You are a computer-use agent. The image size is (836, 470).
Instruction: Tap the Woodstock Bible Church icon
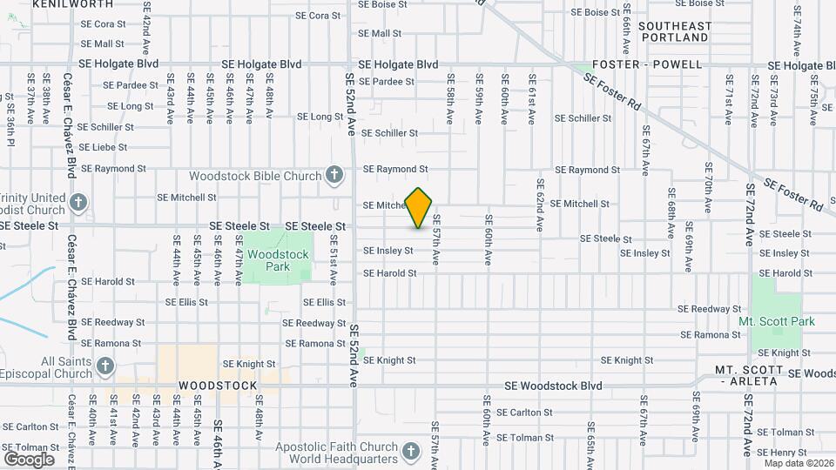coord(334,176)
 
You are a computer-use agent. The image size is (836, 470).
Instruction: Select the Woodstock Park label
coord(278,260)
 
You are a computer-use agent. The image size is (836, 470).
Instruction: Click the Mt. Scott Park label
coord(777,321)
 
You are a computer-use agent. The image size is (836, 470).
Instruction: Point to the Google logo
coord(29,459)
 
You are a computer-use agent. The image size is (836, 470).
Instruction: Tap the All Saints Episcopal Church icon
coord(106,366)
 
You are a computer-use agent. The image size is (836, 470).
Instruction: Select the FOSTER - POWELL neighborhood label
coord(647,64)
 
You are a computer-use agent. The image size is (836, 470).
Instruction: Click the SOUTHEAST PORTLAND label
coord(674,32)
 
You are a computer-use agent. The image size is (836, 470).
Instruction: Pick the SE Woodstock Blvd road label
coord(554,386)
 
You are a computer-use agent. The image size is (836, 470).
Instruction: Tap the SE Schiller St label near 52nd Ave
coord(389,133)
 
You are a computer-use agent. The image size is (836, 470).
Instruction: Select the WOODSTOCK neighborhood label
coord(218,386)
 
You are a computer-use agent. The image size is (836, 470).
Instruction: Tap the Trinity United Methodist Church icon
coord(78,204)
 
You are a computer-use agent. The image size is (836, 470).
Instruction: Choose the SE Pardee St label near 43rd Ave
coord(131,85)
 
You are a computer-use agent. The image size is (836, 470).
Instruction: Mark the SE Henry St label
coord(782,453)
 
